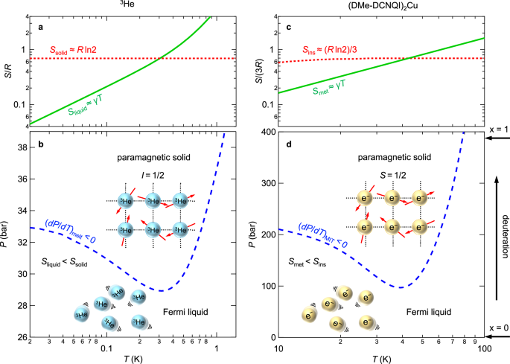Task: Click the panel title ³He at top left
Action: [130, 6]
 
